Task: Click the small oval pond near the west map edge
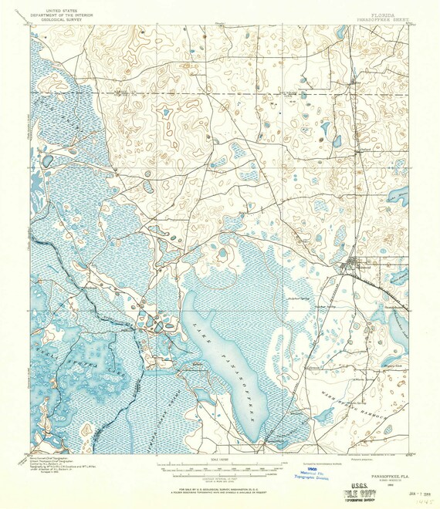[x=48, y=160]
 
